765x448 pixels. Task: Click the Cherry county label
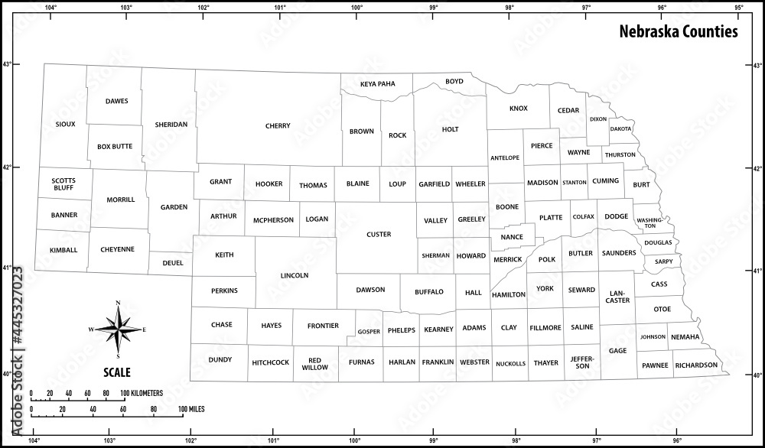tap(278, 126)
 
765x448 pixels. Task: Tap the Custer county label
tap(379, 235)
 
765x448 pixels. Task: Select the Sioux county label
tap(66, 124)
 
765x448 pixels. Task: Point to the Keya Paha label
tap(377, 83)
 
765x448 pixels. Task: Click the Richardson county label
tap(696, 365)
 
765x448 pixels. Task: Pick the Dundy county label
tap(220, 359)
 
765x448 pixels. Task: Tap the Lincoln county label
tap(295, 275)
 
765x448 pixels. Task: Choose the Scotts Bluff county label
tap(63, 184)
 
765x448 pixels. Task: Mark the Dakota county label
tap(620, 129)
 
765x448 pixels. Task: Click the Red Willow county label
tap(314, 363)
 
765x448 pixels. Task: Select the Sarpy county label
tap(663, 261)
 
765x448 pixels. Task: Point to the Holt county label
tap(451, 130)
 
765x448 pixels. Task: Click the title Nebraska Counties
tap(678, 32)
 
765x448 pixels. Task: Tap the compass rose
tap(118, 330)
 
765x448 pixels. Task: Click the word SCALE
tap(117, 373)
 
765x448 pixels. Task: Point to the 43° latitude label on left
tap(8, 64)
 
